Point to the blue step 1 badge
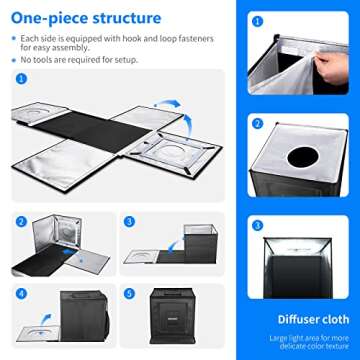21,77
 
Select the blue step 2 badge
21,222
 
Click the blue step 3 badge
129,222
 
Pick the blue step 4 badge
21,293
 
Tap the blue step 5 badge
129,293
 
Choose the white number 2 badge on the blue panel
258,125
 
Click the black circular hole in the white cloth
301,157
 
